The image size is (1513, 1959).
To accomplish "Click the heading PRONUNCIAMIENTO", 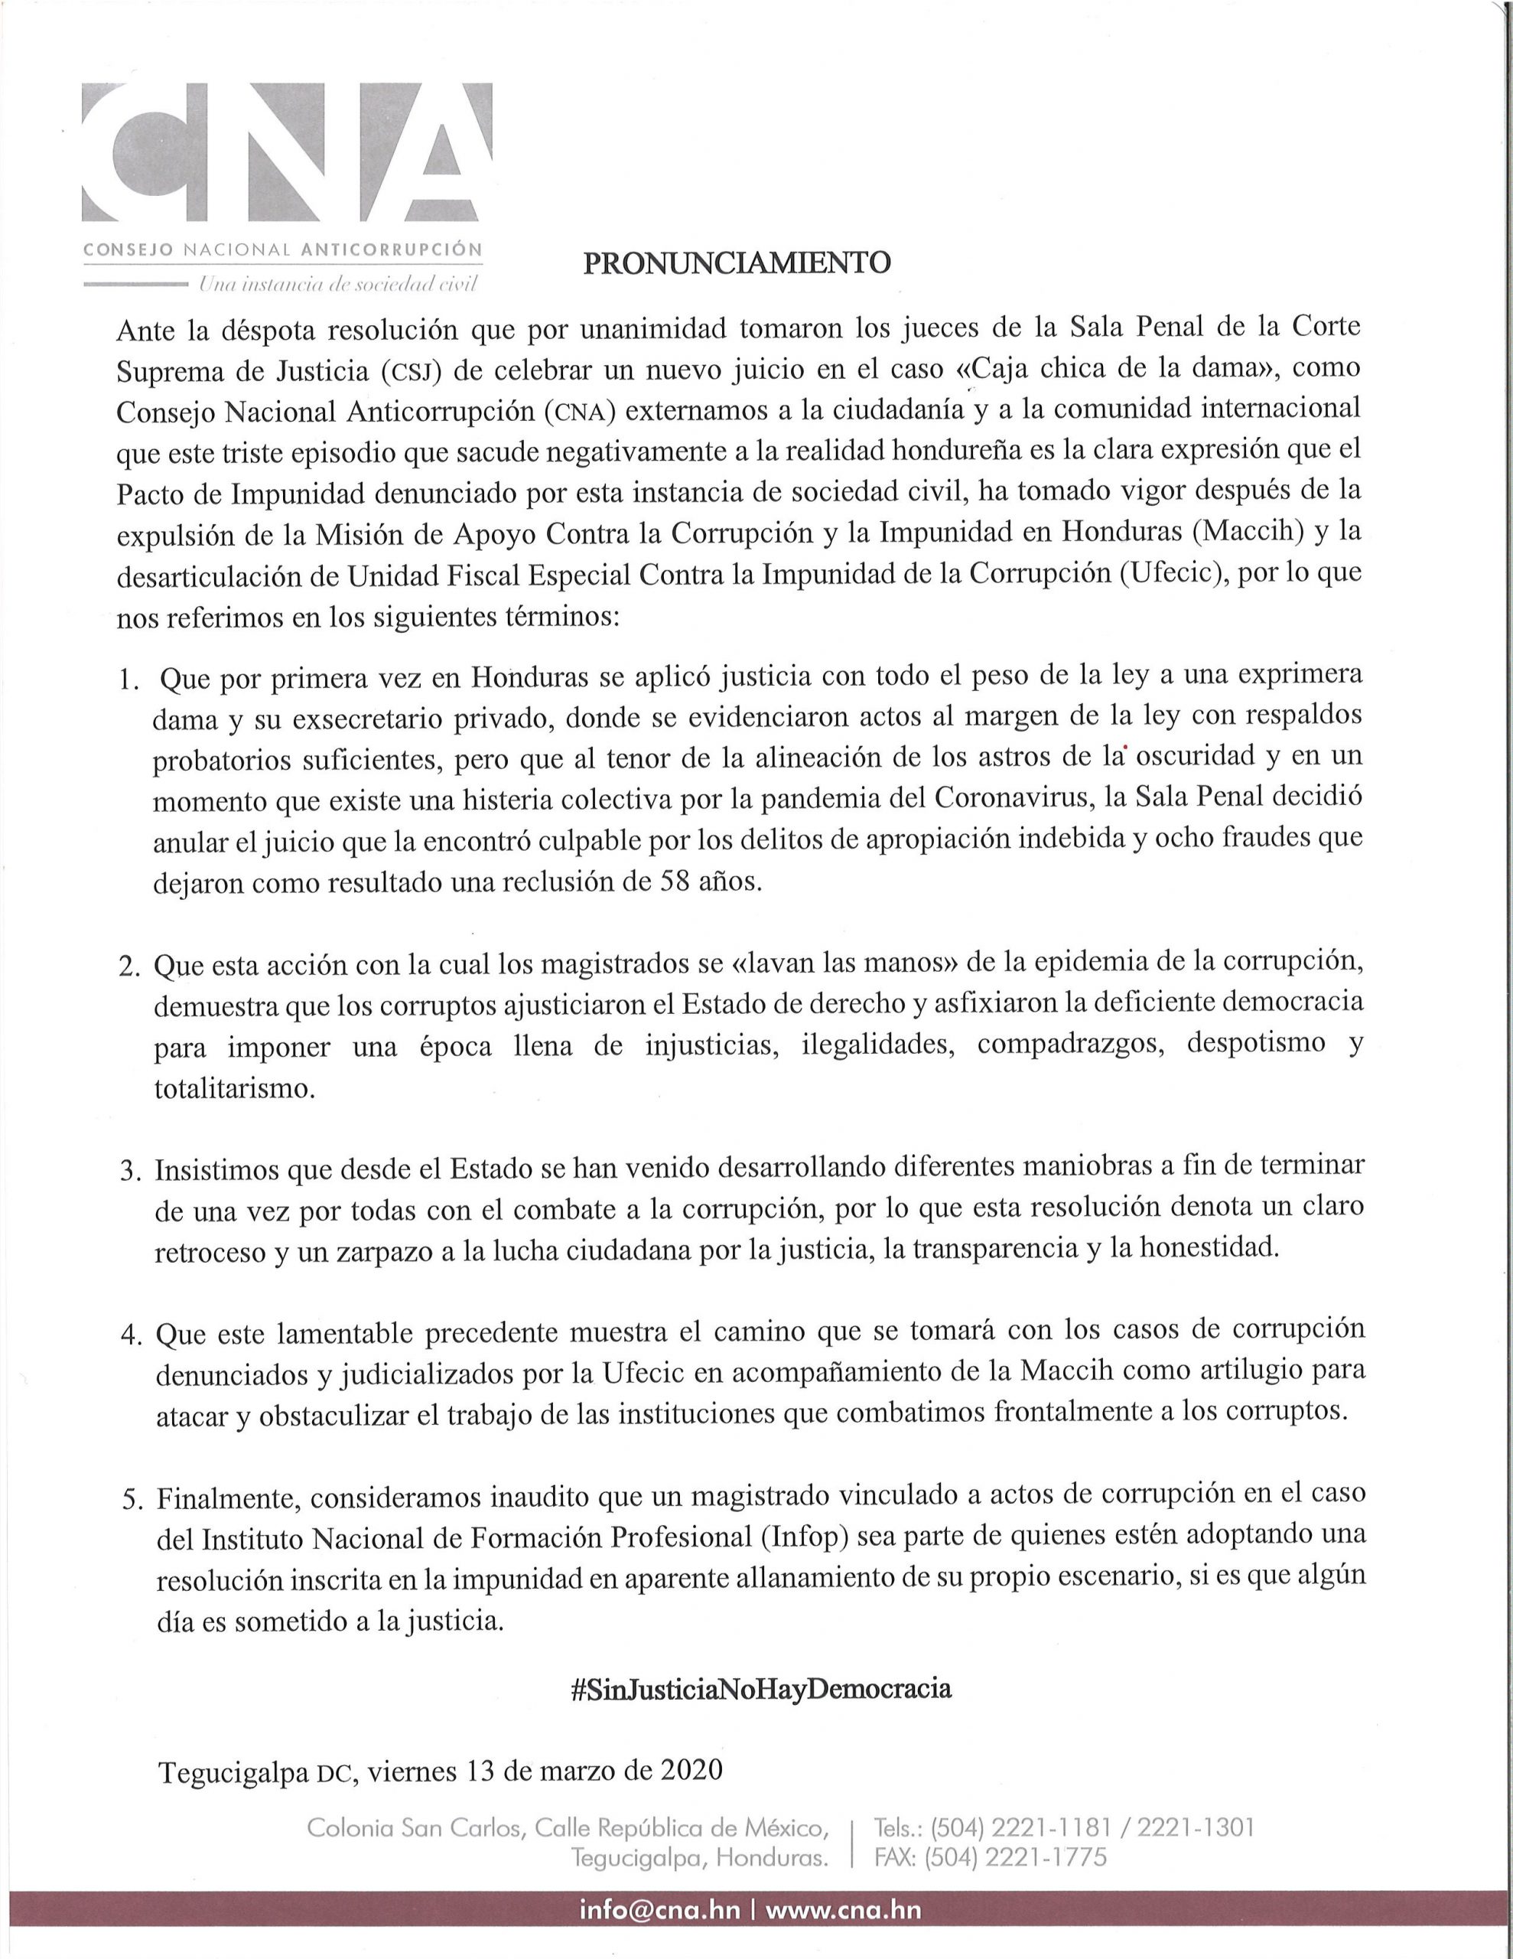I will (x=737, y=262).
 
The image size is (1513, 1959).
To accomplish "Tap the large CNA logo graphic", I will (x=287, y=153).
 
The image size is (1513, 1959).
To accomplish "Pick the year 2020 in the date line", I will (x=691, y=1770).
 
